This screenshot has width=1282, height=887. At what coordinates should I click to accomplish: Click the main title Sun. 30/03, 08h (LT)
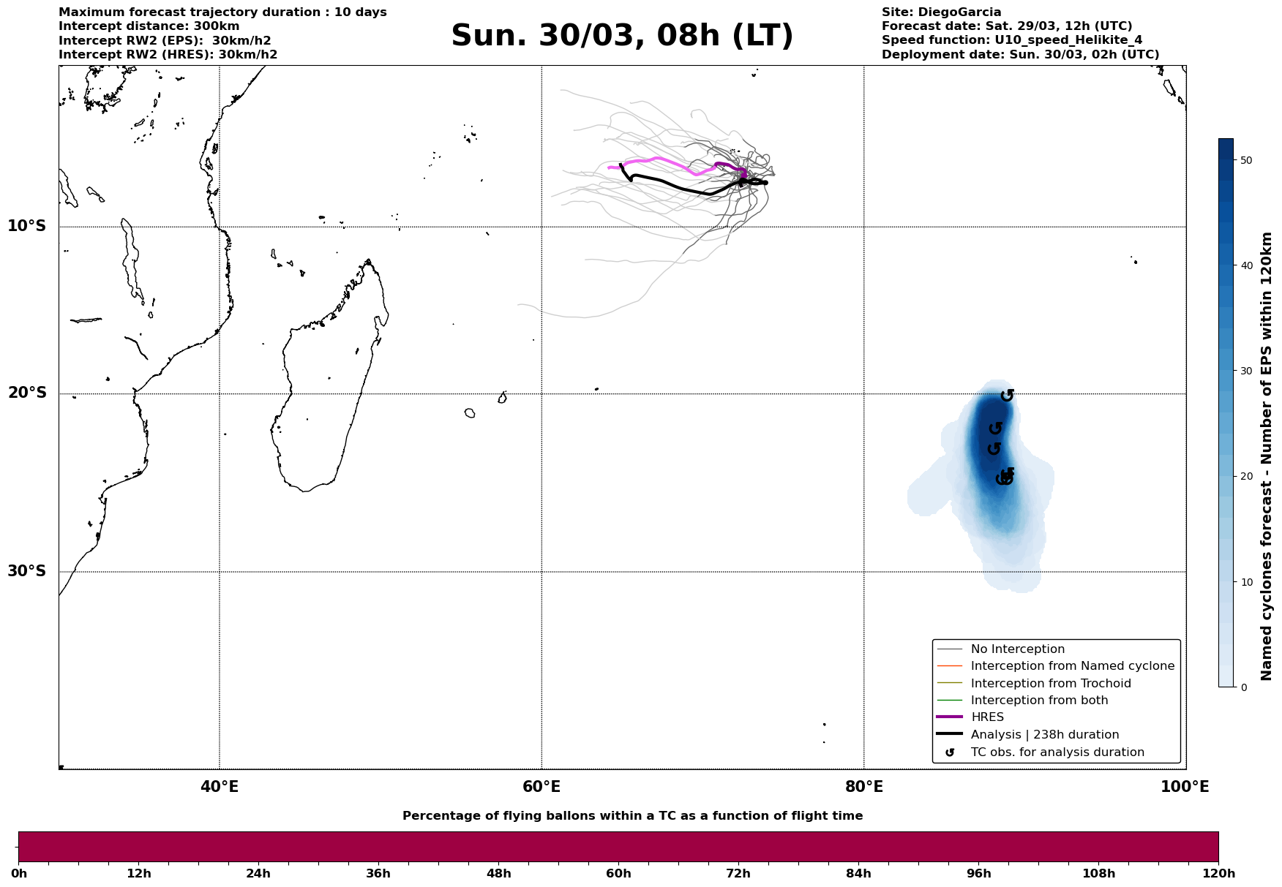[x=622, y=36]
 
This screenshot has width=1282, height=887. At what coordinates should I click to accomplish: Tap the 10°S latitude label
[x=27, y=226]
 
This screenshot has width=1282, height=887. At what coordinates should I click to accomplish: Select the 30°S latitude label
[x=27, y=571]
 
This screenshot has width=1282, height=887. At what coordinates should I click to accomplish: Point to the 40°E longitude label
[x=220, y=788]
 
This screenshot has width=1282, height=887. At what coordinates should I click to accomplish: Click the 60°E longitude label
[x=541, y=788]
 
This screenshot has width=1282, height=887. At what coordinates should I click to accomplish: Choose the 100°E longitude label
[x=1185, y=788]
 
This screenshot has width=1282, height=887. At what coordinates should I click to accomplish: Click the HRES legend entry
[x=987, y=717]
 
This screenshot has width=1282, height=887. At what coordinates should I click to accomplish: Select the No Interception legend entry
[x=1017, y=649]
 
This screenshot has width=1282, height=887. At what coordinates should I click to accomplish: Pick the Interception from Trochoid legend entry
[x=1050, y=684]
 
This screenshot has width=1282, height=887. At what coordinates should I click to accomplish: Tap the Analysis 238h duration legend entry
[x=1044, y=735]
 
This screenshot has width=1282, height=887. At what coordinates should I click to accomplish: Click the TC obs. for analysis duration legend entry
[x=1057, y=752]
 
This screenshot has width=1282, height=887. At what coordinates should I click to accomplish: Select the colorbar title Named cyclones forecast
[x=1267, y=456]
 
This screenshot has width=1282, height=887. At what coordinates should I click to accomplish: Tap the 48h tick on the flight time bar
[x=498, y=874]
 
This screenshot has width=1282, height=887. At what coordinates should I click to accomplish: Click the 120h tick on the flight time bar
[x=1218, y=874]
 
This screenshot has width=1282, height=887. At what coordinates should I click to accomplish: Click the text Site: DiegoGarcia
[x=941, y=12]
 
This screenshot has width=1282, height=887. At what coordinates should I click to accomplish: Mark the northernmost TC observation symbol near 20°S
[x=1008, y=395]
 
